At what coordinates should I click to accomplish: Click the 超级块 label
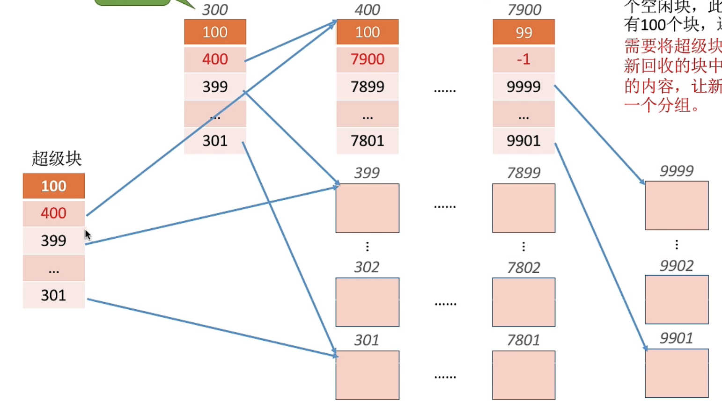(56, 159)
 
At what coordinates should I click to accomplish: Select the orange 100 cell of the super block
(53, 186)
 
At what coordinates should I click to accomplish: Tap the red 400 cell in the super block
(53, 213)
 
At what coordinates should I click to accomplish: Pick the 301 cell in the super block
(53, 295)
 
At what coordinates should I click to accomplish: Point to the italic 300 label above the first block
(214, 9)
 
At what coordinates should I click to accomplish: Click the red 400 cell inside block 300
(215, 59)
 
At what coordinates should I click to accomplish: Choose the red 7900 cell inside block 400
(367, 59)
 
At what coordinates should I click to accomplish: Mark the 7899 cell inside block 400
(367, 86)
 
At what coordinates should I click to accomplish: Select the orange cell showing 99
(523, 32)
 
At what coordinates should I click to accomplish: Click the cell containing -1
(523, 59)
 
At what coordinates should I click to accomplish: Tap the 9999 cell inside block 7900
(523, 86)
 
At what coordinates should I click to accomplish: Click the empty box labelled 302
(367, 302)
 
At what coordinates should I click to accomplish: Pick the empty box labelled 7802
(523, 302)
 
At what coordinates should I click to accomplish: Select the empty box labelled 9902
(677, 299)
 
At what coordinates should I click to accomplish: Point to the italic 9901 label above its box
(676, 338)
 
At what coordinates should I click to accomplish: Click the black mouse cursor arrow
(88, 234)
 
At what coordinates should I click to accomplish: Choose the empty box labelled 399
(367, 208)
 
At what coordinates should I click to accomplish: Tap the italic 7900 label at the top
(524, 9)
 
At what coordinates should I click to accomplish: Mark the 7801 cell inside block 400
(367, 140)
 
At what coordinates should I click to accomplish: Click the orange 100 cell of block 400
(367, 32)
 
